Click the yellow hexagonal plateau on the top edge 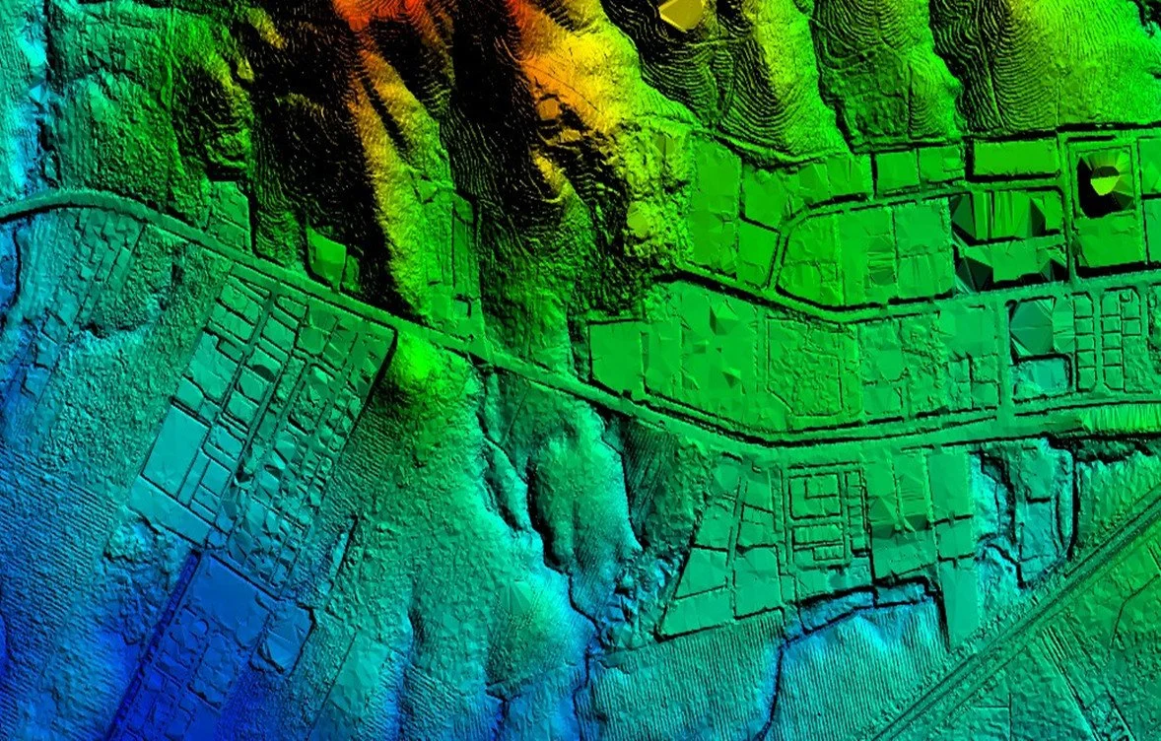click(680, 12)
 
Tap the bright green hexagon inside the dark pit click(1104, 179)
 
